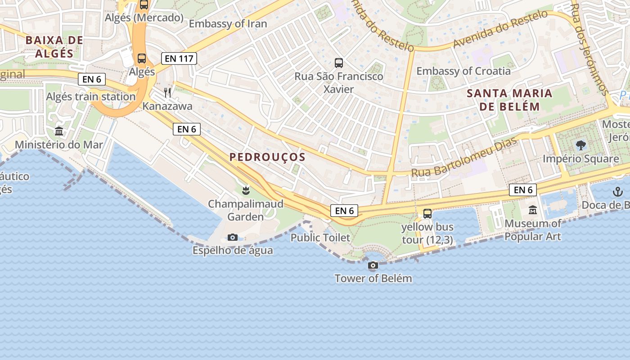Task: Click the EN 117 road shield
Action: tap(179, 58)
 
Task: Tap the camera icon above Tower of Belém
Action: tap(373, 265)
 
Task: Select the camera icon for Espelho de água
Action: tap(233, 237)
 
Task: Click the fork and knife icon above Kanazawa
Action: tap(167, 93)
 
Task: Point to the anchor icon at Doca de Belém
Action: tap(617, 192)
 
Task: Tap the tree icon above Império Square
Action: tap(580, 145)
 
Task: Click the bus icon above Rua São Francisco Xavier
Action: tap(339, 63)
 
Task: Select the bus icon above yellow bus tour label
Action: tap(427, 214)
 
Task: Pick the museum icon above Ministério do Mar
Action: tap(59, 131)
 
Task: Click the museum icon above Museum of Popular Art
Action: tap(533, 210)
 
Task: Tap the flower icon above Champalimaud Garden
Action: tap(246, 190)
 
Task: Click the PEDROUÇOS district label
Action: tap(267, 157)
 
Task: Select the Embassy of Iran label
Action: tap(228, 24)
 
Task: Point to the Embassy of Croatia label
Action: tap(463, 71)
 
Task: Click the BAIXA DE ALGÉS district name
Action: tap(54, 47)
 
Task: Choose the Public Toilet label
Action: tap(320, 238)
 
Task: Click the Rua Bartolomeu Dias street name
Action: tap(463, 158)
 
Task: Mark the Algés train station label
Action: tap(91, 97)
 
